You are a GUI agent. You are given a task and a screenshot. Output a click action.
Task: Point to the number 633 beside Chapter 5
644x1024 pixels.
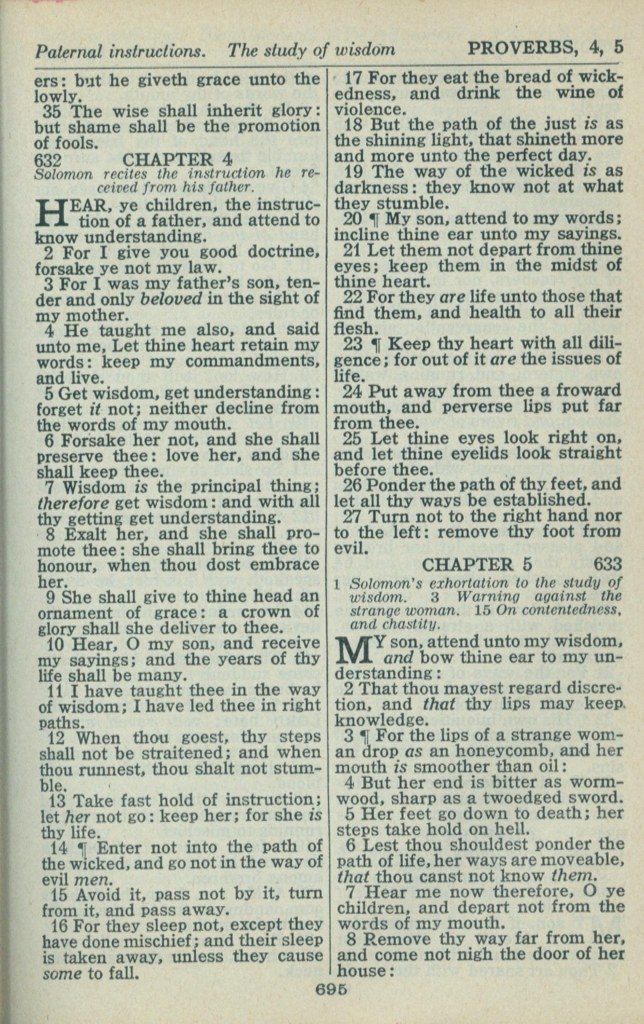(607, 565)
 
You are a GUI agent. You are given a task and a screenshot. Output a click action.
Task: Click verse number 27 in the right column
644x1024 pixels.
(352, 516)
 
